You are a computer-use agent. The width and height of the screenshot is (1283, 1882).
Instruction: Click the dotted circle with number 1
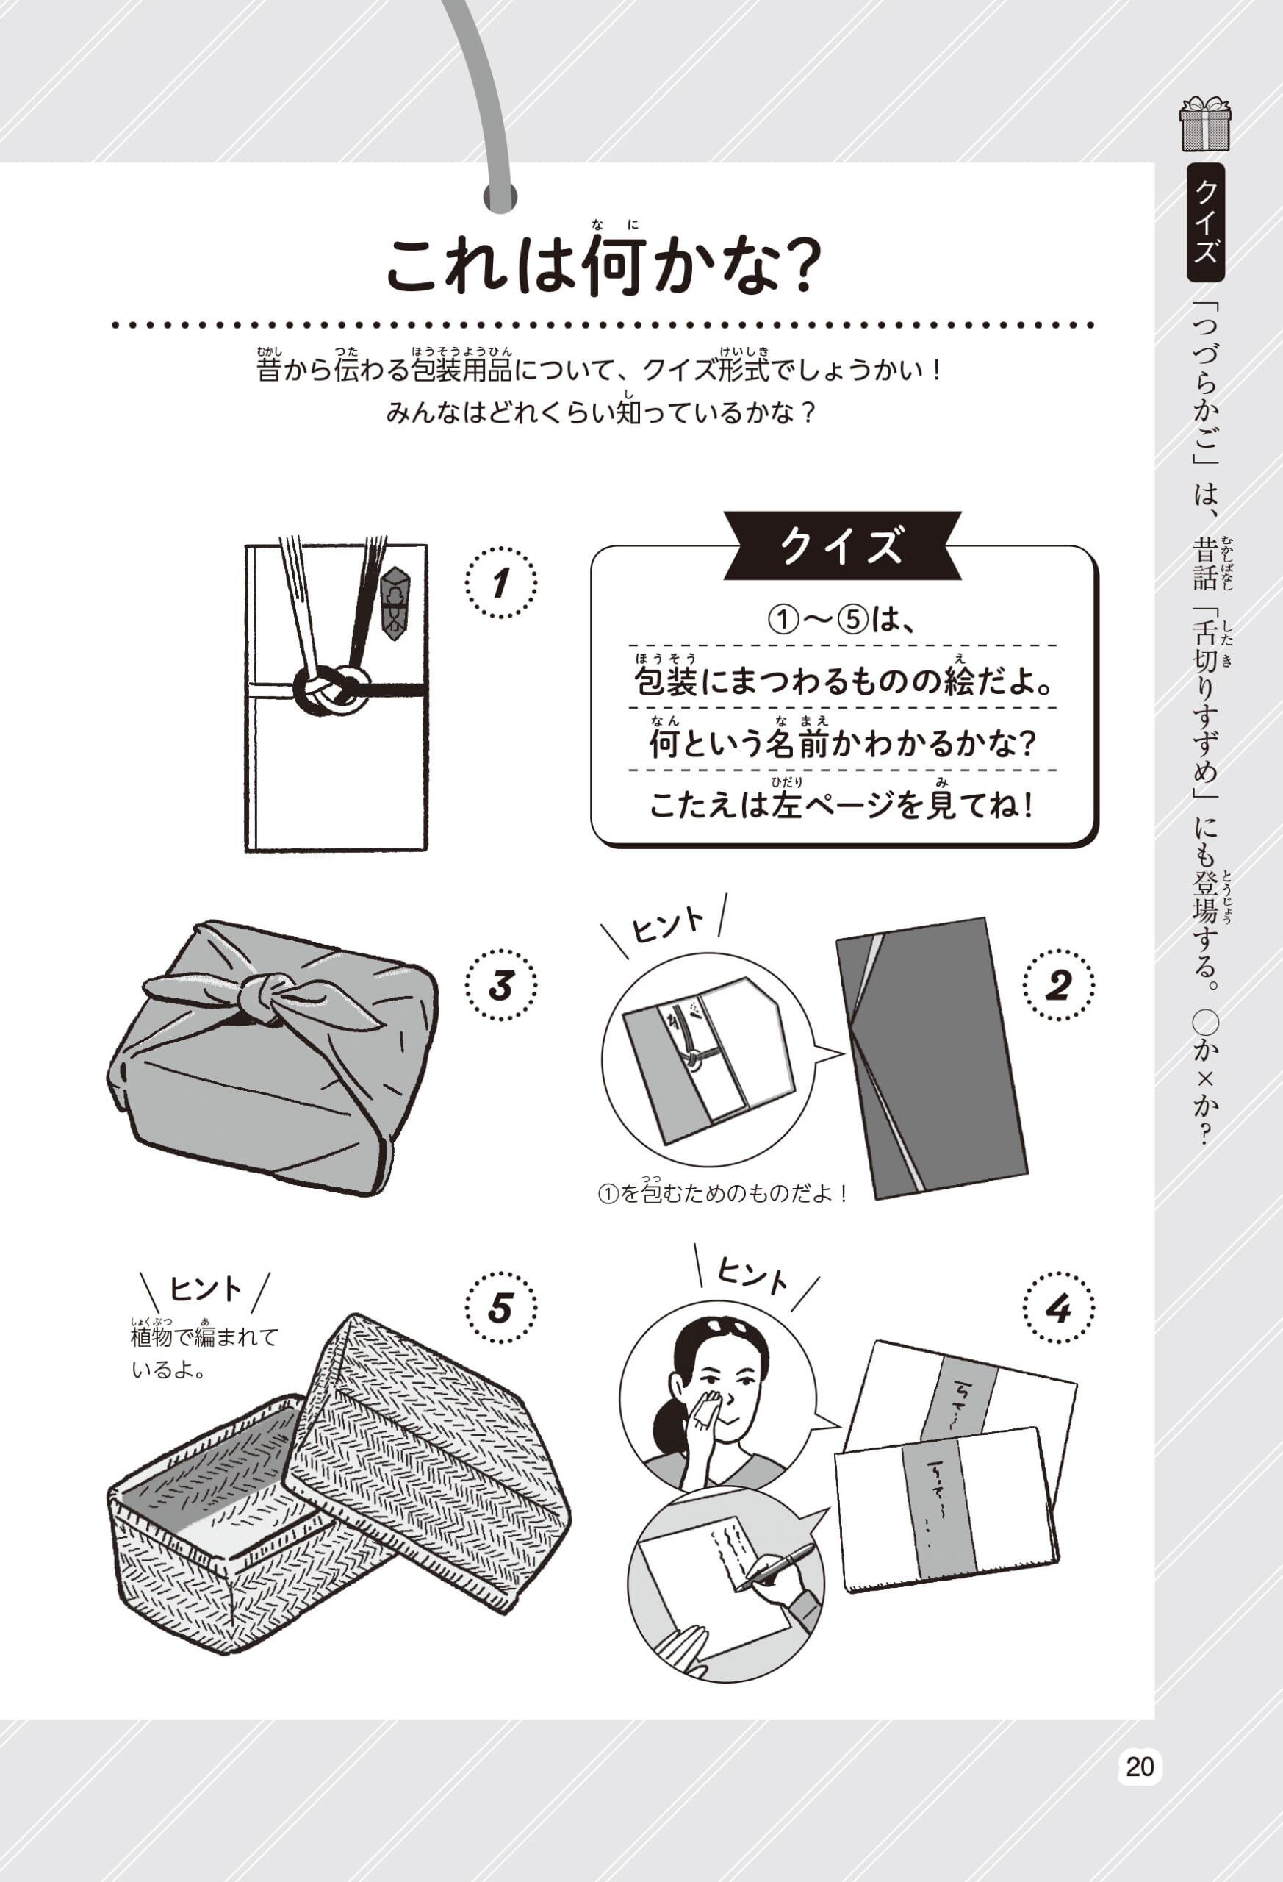click(x=501, y=582)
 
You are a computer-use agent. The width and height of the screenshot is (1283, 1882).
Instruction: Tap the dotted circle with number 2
click(x=1059, y=986)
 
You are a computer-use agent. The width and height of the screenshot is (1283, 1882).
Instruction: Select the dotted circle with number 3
click(x=501, y=986)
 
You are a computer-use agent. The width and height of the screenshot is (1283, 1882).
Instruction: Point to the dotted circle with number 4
click(x=1059, y=1308)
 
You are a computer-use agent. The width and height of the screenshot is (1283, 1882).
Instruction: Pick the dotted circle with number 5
click(x=501, y=1308)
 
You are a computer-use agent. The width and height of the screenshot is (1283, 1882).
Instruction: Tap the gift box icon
click(x=1205, y=124)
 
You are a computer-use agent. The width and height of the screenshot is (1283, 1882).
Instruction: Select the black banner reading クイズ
click(x=842, y=545)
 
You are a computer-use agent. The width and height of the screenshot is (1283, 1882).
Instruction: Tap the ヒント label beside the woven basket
click(x=205, y=1289)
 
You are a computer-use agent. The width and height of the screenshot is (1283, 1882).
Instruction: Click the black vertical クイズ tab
click(x=1205, y=222)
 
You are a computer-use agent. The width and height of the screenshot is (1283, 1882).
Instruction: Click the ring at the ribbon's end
click(x=500, y=196)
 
